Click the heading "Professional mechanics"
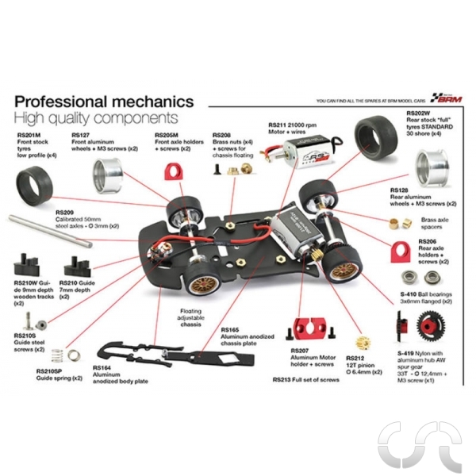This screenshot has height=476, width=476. tap(103, 102)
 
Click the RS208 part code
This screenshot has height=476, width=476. tap(223, 136)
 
